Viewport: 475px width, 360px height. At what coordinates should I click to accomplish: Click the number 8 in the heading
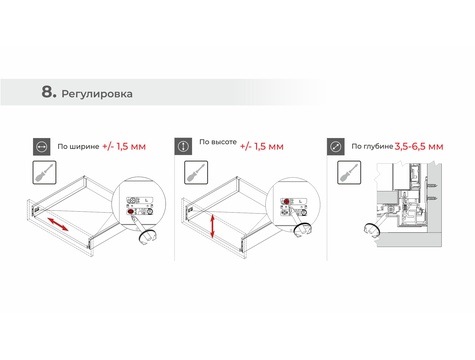[x=47, y=92]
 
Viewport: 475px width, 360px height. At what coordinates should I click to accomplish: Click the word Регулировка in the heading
[x=97, y=94]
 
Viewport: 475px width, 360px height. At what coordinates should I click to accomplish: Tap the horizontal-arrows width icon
[x=42, y=147]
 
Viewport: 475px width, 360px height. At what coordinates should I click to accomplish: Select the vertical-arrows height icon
[x=183, y=146]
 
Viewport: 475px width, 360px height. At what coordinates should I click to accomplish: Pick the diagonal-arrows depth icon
[x=336, y=146]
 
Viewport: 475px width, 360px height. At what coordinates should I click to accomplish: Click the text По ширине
[x=78, y=147]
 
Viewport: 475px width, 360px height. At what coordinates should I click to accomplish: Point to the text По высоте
[x=218, y=142]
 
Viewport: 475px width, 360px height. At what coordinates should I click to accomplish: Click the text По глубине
[x=372, y=146]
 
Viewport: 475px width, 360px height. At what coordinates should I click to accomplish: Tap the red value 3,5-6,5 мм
[x=419, y=147]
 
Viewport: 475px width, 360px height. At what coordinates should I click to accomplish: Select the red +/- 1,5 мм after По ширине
[x=124, y=147]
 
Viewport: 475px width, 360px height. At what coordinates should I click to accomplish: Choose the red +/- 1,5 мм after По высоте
[x=262, y=147]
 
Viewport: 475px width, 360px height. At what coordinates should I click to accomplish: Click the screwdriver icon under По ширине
[x=44, y=172]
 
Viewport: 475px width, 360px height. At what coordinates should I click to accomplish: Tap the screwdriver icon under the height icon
[x=196, y=172]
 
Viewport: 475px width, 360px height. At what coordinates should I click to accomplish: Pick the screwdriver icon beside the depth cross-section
[x=349, y=172]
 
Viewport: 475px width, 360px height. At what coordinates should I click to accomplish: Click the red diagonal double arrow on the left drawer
[x=58, y=224]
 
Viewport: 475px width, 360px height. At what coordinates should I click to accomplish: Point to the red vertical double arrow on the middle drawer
[x=212, y=227]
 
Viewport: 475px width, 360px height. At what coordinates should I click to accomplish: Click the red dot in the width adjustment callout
[x=130, y=212]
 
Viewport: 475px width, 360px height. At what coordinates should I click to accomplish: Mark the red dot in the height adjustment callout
[x=286, y=201]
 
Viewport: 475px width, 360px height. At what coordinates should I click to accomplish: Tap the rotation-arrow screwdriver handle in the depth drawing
[x=372, y=230]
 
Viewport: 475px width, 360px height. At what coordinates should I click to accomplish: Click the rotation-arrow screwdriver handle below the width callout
[x=148, y=237]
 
